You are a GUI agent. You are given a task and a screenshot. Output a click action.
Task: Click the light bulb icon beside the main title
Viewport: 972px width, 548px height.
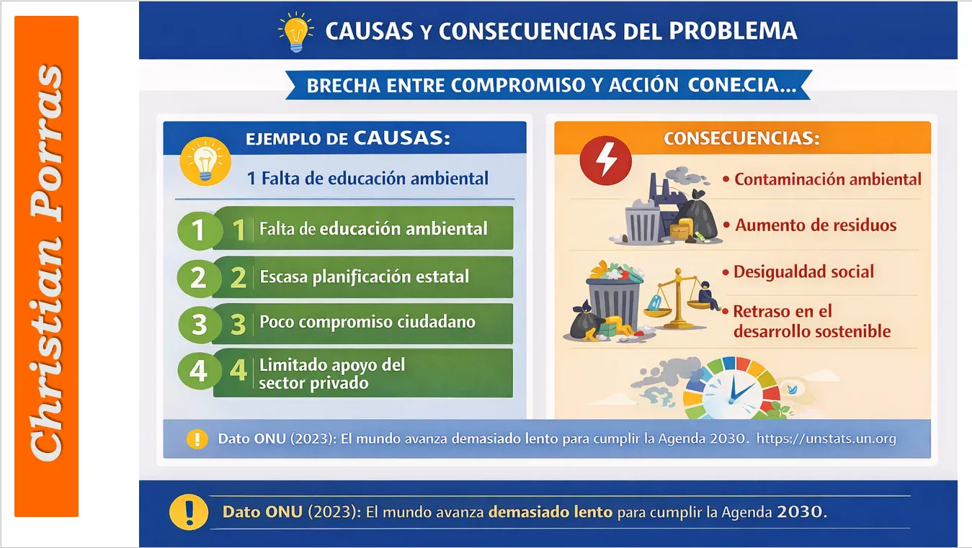point(295,32)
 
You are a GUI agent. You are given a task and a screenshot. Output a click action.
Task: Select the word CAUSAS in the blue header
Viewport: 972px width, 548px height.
point(401,138)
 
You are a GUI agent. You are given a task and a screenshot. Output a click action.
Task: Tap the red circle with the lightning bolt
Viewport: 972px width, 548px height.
point(605,160)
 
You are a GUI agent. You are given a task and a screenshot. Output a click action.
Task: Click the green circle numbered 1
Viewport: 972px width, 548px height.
point(198,230)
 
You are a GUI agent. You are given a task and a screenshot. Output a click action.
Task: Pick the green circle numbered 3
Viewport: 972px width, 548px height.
point(198,324)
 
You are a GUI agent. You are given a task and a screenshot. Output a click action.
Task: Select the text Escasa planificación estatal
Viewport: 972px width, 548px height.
point(364,277)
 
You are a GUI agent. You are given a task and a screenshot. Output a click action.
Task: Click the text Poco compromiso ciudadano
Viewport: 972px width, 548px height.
point(367,322)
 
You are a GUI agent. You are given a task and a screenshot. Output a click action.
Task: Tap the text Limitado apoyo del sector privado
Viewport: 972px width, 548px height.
point(332,374)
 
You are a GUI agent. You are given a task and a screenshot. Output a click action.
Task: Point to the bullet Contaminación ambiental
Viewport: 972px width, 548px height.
point(826,179)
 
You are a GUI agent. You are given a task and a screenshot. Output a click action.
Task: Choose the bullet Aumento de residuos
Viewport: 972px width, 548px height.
point(815,225)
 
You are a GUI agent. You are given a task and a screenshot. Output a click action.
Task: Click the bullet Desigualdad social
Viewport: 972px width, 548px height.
point(803,271)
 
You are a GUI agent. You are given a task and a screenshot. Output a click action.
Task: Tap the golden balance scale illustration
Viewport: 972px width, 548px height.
point(676,298)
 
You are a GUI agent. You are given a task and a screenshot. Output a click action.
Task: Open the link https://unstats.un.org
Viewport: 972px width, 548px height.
point(826,439)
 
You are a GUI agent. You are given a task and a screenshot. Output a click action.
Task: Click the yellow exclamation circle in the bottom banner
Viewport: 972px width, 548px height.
point(189,512)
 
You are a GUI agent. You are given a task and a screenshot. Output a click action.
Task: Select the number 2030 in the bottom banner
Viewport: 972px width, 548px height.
point(800,512)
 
